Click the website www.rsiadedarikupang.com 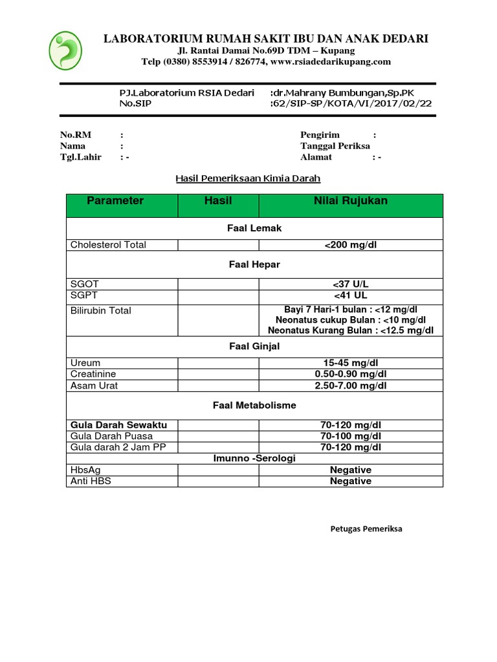tap(330, 61)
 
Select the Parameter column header tap(115, 201)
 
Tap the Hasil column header tap(218, 201)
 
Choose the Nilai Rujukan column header tap(351, 201)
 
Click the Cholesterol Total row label tap(108, 244)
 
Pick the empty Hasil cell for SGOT tap(218, 284)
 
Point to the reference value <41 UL tap(351, 295)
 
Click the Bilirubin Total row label tap(100, 311)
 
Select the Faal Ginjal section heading tap(254, 347)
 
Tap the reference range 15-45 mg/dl tap(351, 363)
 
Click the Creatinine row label tap(93, 374)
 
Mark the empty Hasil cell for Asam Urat tap(218, 386)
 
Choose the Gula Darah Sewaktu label tap(118, 425)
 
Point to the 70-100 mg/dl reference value tap(351, 436)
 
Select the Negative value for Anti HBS tap(351, 481)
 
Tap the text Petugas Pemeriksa tap(366, 529)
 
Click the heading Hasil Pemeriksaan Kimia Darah tap(248, 178)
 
